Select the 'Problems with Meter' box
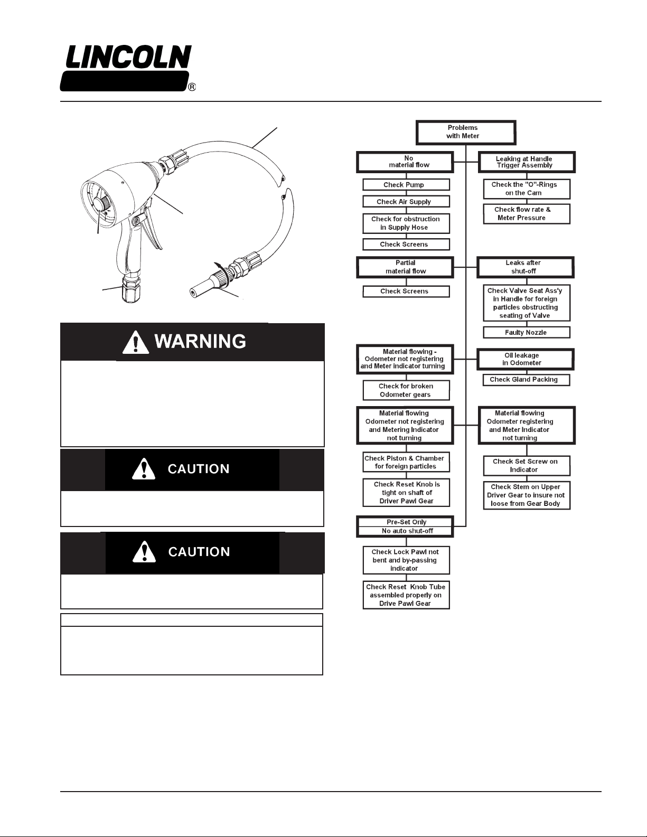point(465,132)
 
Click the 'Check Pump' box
point(406,185)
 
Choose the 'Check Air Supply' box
point(406,202)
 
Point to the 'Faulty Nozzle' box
point(526,333)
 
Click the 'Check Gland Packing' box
point(526,380)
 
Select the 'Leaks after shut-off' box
point(525,267)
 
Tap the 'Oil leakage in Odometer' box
point(525,360)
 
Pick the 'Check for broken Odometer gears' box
point(406,390)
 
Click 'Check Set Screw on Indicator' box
point(526,465)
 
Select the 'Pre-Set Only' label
point(406,522)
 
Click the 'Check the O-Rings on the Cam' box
point(526,189)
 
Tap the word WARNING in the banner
point(200,342)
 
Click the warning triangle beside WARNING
point(136,342)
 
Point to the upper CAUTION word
point(199,469)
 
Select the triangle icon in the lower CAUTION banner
point(144,552)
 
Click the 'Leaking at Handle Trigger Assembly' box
point(526,162)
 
